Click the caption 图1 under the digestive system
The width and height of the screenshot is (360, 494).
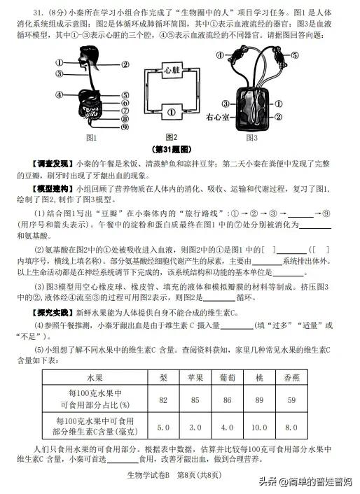pyautogui.click(x=90, y=137)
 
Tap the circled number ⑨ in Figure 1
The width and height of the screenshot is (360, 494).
pyautogui.click(x=124, y=127)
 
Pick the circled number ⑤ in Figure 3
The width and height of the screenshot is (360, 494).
pyautogui.click(x=294, y=55)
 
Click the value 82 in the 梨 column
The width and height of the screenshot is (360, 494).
pyautogui.click(x=163, y=400)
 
